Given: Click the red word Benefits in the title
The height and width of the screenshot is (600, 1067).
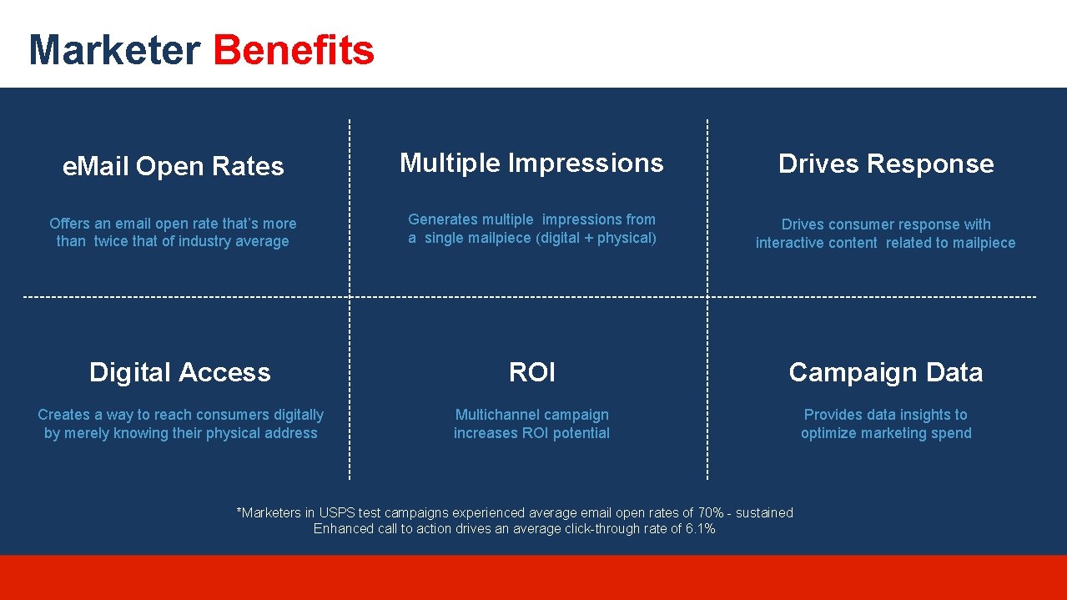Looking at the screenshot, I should coord(294,50).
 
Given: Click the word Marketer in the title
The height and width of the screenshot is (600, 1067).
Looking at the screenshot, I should coord(114,50).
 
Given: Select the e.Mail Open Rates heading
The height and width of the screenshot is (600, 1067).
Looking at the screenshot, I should coord(174,167).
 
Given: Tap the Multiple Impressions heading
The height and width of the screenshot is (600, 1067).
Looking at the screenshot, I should coord(531,163).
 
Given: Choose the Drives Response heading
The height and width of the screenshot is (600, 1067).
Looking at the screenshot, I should coord(886,164).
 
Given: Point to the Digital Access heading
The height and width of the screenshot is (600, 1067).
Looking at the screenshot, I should coord(180,372).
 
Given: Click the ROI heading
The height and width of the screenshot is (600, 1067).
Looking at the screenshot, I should coord(532,372).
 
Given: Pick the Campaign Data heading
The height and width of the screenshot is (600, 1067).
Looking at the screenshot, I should coord(886,372).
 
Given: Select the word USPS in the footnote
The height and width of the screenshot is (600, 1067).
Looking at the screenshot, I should coord(336,513).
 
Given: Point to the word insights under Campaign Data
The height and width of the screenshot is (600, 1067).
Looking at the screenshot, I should coord(924,415).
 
